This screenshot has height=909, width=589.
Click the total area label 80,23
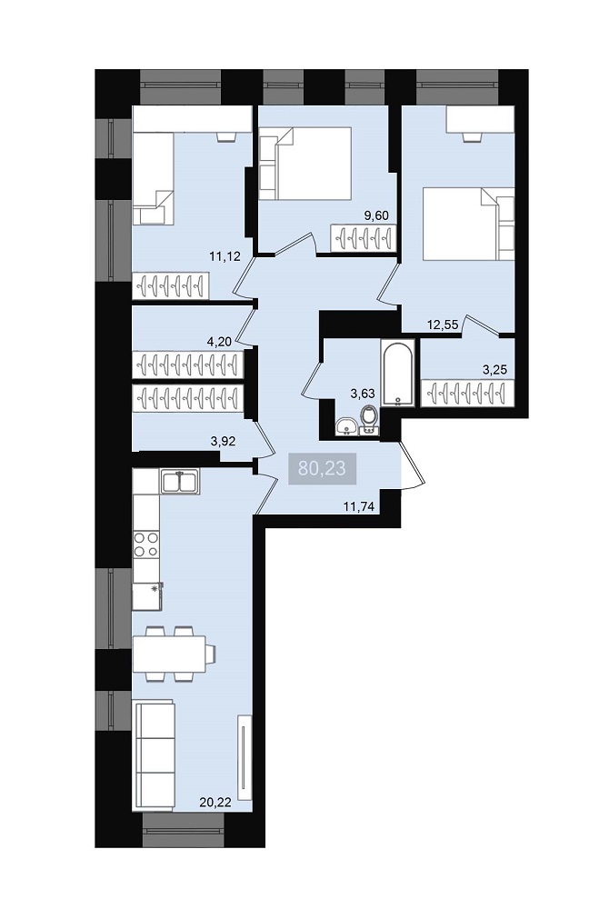322,468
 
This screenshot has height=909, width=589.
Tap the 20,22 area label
215,803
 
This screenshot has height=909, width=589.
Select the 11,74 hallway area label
359,506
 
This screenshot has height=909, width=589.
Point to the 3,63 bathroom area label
363,394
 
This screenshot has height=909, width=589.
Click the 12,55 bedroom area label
443,325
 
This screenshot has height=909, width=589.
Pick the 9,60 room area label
375,215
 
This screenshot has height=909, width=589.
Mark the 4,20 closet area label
219,342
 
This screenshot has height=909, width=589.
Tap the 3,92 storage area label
223,441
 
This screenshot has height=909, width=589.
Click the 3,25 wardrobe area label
495,371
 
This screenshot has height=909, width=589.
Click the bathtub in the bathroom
398,374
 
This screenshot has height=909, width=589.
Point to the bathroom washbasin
346,426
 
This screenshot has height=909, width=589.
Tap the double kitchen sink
180,481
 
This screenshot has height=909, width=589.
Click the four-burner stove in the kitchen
145,544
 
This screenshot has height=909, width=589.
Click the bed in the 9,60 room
304,163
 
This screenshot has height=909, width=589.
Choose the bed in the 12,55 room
468,224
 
